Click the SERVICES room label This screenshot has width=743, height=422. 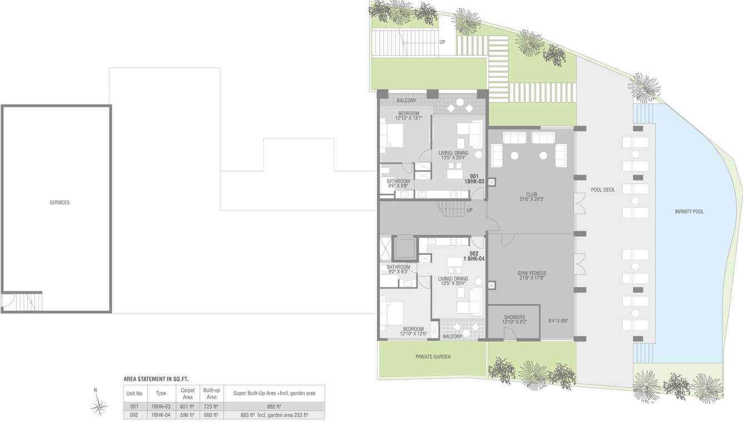click(60, 202)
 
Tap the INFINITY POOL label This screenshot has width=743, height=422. click(689, 212)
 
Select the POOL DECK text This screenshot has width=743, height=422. click(602, 190)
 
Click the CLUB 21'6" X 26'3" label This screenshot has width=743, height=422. click(531, 197)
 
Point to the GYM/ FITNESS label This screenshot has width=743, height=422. click(531, 276)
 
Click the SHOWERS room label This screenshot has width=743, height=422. click(514, 320)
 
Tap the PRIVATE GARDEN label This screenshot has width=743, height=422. click(433, 357)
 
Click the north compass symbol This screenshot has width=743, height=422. click(98, 404)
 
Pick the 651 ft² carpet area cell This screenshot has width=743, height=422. click(187, 406)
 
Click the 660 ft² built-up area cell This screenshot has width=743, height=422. click(211, 415)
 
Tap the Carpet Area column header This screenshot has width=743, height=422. click(187, 394)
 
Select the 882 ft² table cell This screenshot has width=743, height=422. click(274, 406)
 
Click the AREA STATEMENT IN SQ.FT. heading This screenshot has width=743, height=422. click(156, 379)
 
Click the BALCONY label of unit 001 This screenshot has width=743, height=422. click(407, 101)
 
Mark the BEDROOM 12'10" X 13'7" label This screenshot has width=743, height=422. click(408, 116)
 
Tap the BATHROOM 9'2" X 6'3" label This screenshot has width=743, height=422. click(398, 269)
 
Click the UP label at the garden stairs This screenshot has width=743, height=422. click(443, 42)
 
